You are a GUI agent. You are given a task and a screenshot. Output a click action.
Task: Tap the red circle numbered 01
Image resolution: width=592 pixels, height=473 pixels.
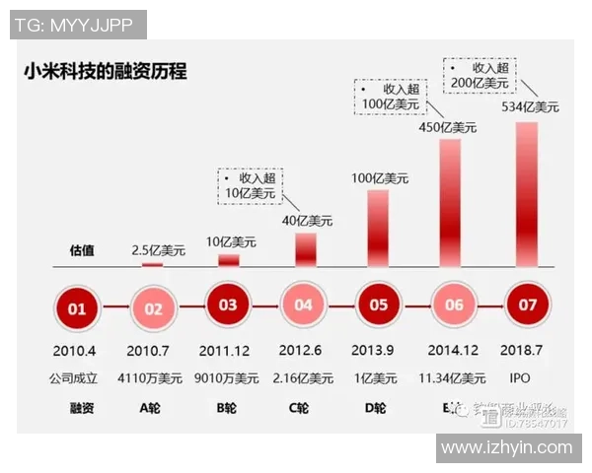77,306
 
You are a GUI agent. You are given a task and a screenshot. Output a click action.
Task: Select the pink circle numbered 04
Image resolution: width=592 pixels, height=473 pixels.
303,305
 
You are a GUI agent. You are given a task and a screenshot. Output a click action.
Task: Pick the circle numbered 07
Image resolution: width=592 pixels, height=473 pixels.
527,305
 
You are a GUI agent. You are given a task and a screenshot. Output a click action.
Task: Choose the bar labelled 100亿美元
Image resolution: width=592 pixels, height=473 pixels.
377,228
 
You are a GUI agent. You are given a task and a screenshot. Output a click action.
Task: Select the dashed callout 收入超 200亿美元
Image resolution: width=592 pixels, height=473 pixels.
481,76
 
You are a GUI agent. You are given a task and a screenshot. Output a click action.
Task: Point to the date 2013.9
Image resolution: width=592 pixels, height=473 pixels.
377,351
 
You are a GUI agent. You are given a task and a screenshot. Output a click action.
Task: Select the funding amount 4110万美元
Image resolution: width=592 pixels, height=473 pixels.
152,378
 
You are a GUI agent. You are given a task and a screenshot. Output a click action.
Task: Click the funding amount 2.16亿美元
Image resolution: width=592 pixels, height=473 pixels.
303,378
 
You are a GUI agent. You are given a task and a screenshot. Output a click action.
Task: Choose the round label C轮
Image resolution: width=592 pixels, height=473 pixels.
301,407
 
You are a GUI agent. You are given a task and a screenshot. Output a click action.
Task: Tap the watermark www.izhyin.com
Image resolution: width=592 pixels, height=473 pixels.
507,447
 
